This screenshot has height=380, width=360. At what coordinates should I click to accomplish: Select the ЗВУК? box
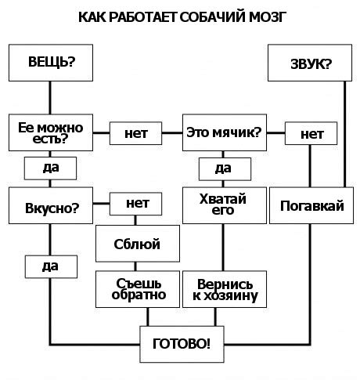311,62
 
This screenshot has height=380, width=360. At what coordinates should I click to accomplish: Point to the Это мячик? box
223,132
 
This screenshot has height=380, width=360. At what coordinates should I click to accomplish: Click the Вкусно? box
51,207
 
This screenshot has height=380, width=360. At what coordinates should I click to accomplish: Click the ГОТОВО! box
181,342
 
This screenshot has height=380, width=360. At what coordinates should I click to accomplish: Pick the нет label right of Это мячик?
311,134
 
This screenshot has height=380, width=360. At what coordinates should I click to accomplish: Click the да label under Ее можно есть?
51,168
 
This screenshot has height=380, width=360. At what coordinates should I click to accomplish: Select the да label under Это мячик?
223,168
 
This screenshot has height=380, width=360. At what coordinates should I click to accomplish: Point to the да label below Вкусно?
51,266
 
